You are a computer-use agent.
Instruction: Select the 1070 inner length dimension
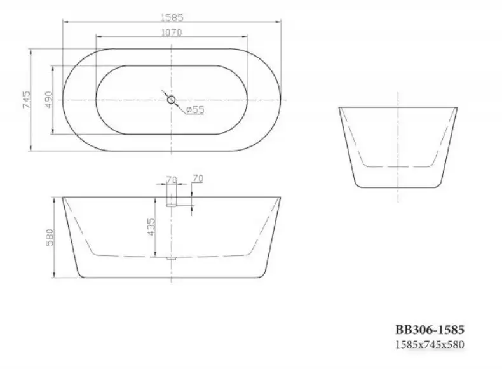[x=172, y=33]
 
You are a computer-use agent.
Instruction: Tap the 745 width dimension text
[x=26, y=100]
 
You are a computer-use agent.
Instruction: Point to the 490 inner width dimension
[x=48, y=100]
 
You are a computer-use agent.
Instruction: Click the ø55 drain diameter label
[x=195, y=110]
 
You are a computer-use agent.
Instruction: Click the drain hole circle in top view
[x=171, y=100]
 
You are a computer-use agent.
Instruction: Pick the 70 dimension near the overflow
[x=197, y=180]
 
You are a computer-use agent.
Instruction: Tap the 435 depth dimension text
[x=151, y=225]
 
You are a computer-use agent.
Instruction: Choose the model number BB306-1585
[x=430, y=330]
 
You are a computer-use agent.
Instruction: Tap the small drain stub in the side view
[x=171, y=258]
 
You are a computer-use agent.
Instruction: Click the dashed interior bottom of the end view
[x=398, y=166]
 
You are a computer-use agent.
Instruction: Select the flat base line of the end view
[x=398, y=187]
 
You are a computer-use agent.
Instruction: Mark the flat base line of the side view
[x=172, y=278]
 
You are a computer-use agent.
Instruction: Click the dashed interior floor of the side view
[x=127, y=255]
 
